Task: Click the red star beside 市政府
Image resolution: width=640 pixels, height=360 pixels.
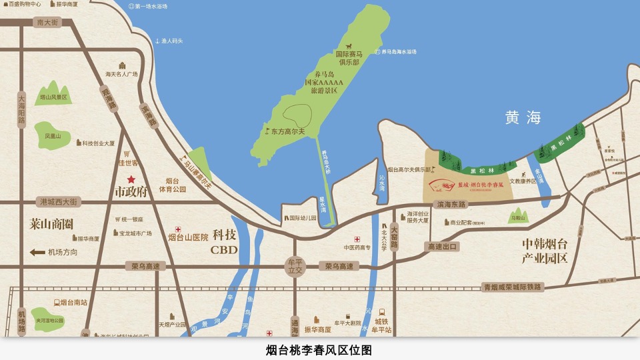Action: click(131, 179)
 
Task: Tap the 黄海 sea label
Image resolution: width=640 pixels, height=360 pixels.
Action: click(523, 118)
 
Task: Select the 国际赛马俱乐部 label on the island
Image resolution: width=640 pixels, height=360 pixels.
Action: click(348, 58)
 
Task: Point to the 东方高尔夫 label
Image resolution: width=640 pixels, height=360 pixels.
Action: click(287, 131)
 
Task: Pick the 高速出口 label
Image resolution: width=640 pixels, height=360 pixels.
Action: click(441, 247)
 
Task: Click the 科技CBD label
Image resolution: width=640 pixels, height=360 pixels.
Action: click(223, 243)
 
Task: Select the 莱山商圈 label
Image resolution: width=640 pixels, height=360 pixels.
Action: click(51, 223)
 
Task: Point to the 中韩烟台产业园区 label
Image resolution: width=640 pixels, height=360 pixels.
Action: click(545, 251)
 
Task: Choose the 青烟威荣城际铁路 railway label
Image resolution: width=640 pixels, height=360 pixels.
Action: click(513, 287)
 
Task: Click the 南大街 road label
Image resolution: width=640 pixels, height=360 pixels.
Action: click(48, 22)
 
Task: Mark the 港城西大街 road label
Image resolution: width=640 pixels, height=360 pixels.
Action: click(59, 201)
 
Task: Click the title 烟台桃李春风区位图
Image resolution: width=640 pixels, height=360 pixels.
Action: click(319, 349)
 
